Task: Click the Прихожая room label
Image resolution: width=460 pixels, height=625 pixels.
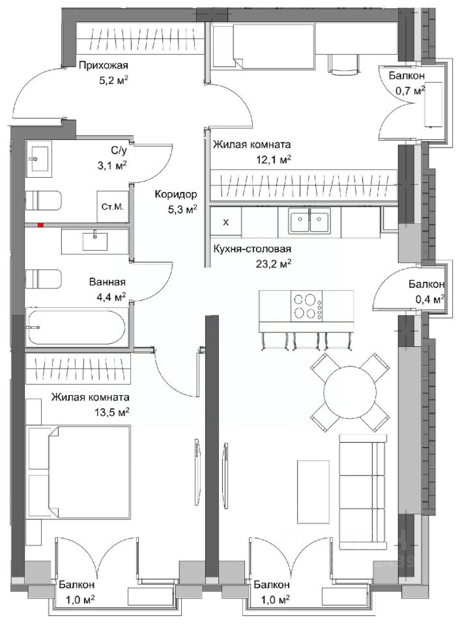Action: [103, 65]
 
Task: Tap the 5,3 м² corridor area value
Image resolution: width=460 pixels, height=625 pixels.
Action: [182, 208]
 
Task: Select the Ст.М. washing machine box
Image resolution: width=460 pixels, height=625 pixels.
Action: [113, 206]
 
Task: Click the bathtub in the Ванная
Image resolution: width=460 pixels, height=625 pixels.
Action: [77, 327]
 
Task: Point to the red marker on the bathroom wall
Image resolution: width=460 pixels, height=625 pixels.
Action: [40, 225]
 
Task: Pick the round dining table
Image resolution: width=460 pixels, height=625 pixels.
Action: [350, 392]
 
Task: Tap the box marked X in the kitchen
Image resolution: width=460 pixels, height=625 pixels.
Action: [226, 223]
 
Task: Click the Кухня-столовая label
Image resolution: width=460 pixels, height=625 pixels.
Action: [252, 249]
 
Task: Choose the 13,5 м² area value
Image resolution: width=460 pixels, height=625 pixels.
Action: [111, 411]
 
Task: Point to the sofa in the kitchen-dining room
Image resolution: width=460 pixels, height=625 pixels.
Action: [363, 493]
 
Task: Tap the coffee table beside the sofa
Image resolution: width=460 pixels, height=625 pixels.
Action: [313, 492]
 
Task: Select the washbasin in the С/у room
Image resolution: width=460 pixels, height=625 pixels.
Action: [39, 159]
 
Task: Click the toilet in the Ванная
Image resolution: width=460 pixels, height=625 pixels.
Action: [44, 279]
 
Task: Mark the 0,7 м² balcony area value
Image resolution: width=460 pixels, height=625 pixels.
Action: [410, 91]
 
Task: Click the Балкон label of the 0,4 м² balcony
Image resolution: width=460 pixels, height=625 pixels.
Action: [426, 285]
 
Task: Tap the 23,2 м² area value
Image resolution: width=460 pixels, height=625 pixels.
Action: [273, 264]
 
